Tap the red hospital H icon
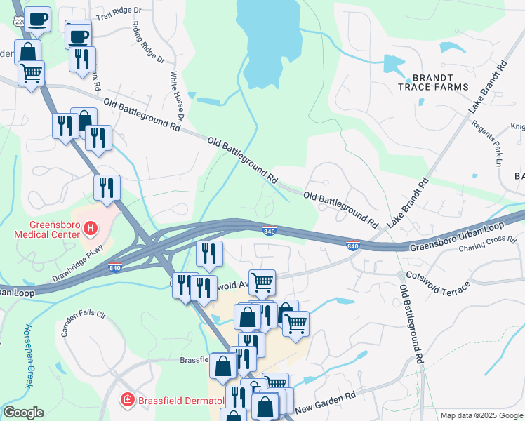coord(90,227)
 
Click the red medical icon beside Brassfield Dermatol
coord(127,400)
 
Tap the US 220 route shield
coord(18,22)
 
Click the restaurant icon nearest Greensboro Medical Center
coord(107,188)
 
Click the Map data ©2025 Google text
coord(481,415)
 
